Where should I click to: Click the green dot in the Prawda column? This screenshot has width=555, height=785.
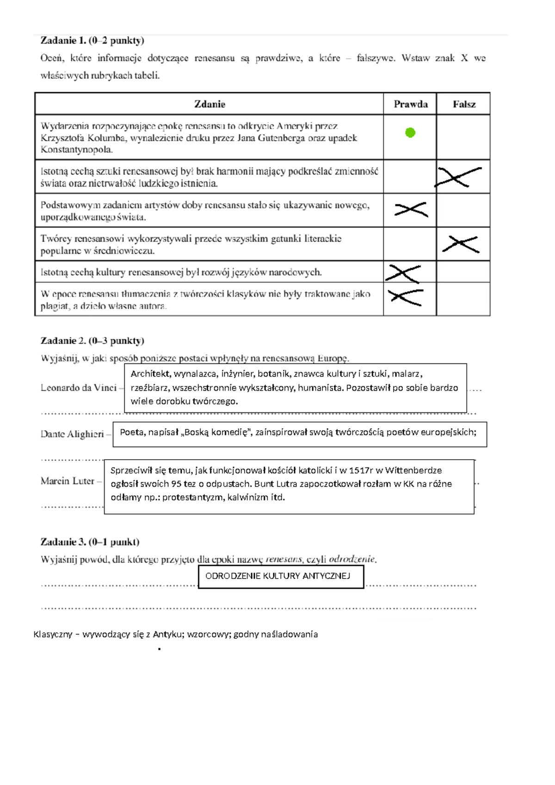click(x=410, y=133)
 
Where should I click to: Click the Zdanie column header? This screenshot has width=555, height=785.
click(x=210, y=104)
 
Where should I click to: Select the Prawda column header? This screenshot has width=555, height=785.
click(x=411, y=104)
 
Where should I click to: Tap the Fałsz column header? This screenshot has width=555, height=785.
click(x=464, y=104)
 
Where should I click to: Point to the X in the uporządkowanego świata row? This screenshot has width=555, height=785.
click(x=411, y=210)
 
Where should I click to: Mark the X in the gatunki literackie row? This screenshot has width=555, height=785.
click(x=461, y=244)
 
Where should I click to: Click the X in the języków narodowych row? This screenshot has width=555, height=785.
click(x=404, y=273)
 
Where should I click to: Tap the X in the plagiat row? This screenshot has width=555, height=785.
click(x=406, y=297)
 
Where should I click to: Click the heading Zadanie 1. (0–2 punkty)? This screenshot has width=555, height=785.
click(x=92, y=41)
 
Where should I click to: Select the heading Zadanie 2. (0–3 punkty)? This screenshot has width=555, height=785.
click(x=92, y=341)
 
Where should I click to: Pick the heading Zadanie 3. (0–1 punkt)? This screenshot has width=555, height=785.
click(x=90, y=542)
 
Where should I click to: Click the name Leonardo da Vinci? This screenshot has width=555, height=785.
click(x=79, y=388)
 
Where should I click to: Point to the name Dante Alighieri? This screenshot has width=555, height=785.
click(x=72, y=434)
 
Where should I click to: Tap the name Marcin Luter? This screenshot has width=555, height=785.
click(x=68, y=481)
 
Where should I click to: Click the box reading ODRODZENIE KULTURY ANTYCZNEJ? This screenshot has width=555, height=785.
click(x=281, y=576)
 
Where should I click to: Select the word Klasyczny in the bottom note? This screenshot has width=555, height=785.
click(x=53, y=635)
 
